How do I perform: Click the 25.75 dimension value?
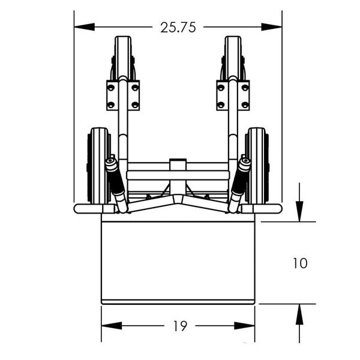click(x=178, y=28)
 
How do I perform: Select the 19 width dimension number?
click(x=180, y=326)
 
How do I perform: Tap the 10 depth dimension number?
click(x=300, y=263)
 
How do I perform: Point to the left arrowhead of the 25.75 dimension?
click(x=84, y=27)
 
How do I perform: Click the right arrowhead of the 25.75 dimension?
click(x=272, y=27)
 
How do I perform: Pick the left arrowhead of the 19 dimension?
click(x=112, y=326)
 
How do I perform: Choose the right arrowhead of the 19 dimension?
click(x=245, y=326)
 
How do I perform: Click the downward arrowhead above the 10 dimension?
click(x=299, y=211)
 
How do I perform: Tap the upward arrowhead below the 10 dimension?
click(x=299, y=314)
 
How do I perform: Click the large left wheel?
click(x=99, y=166)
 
